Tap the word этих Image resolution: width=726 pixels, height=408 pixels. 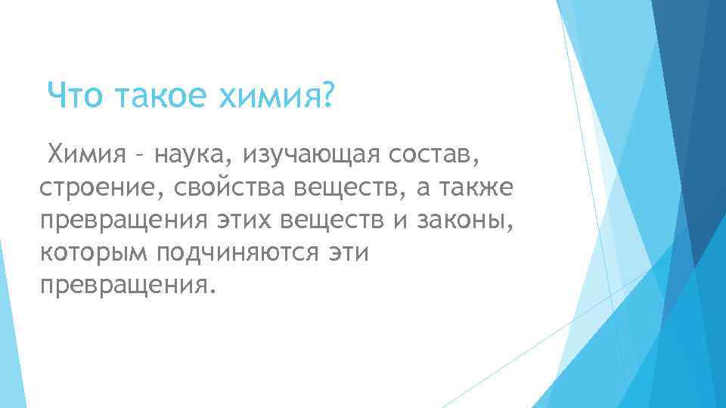[x=241, y=220]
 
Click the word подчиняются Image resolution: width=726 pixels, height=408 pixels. [x=240, y=252]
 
